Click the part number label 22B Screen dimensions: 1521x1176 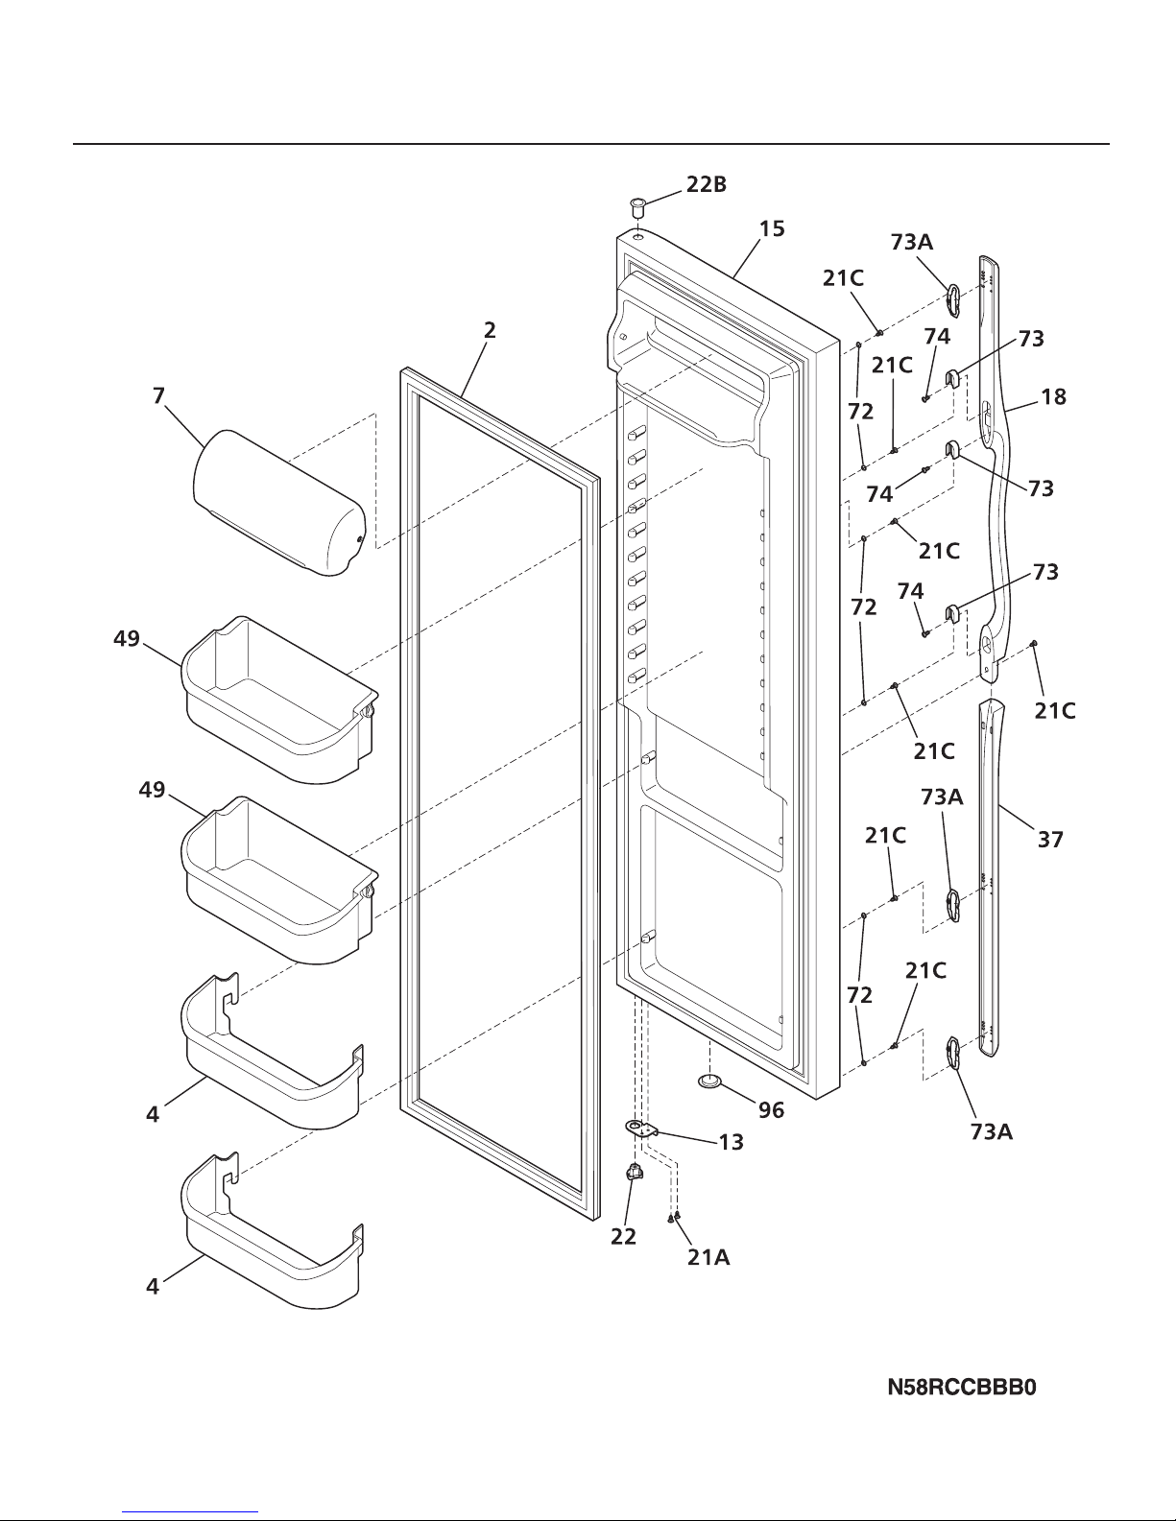[706, 186]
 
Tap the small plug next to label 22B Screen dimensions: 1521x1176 [636, 205]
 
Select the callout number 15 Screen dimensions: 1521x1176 [772, 228]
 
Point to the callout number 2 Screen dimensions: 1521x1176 [490, 330]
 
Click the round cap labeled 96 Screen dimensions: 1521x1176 [711, 1081]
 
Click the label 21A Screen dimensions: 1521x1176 [708, 1257]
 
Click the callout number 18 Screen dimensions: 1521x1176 [1053, 395]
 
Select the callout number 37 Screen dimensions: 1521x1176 [1050, 840]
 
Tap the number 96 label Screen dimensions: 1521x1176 [771, 1110]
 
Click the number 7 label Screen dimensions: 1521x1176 [157, 394]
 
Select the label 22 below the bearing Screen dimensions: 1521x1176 [623, 1237]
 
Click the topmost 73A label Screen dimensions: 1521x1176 [911, 242]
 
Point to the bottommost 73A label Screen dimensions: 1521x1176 [991, 1132]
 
